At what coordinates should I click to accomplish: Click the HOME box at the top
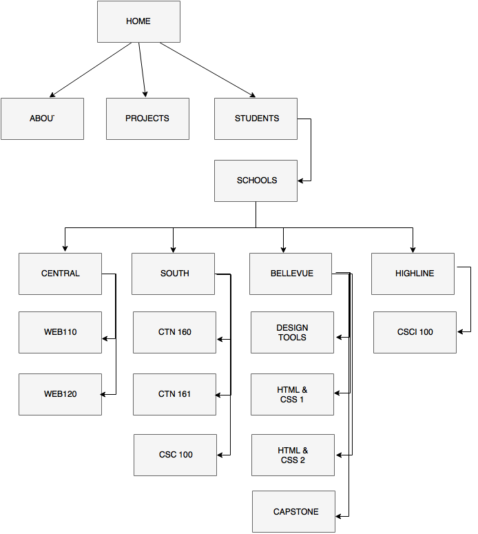click(x=138, y=21)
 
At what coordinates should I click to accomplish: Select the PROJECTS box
click(x=147, y=119)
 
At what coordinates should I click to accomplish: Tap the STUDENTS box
click(x=256, y=119)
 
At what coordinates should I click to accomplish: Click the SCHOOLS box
click(x=256, y=181)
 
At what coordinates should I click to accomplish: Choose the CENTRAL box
click(x=60, y=274)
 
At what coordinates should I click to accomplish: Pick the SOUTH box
click(x=174, y=274)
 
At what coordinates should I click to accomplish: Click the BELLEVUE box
click(x=291, y=274)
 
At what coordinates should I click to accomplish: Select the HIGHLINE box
click(x=413, y=274)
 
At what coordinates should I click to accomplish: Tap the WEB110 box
click(x=60, y=332)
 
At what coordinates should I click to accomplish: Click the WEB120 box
click(x=60, y=394)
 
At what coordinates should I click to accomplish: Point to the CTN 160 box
click(x=174, y=332)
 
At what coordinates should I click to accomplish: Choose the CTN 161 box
click(x=174, y=394)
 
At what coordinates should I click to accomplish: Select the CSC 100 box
click(x=175, y=455)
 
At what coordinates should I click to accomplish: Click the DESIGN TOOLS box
click(x=292, y=332)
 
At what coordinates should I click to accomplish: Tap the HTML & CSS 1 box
click(x=292, y=394)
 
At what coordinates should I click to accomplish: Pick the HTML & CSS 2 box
click(x=293, y=455)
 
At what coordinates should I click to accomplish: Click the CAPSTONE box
click(x=294, y=511)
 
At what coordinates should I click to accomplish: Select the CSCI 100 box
click(x=415, y=332)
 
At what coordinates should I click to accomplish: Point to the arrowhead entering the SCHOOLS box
click(x=302, y=181)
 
